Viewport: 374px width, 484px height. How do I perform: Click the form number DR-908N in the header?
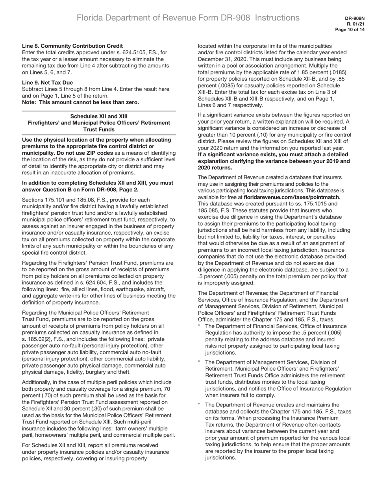tap(355, 18)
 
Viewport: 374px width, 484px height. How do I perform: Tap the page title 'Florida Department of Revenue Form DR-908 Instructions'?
tap(188, 18)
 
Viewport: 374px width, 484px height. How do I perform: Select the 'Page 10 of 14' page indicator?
tap(350, 30)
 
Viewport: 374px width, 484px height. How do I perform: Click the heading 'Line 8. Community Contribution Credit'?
tap(72, 46)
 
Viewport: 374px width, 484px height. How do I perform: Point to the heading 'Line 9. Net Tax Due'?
tap(47, 83)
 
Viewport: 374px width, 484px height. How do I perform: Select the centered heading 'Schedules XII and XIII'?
tap(99, 116)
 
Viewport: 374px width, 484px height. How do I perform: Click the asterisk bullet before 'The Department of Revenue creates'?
tap(200, 405)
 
